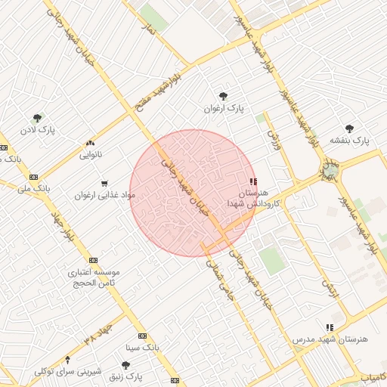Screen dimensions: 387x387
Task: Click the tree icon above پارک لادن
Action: point(37,118)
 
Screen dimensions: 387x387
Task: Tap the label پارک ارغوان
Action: point(221,109)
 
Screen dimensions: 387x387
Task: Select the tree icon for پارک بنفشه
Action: point(348,128)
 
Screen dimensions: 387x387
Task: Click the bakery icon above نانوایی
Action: point(91,142)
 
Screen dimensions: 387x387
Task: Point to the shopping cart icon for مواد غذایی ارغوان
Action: point(104,182)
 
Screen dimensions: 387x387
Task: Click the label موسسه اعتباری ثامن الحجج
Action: point(94,277)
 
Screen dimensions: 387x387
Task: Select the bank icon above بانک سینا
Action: point(142,336)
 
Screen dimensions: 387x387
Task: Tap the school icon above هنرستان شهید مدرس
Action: point(329,327)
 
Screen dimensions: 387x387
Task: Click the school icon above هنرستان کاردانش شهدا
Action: point(253,181)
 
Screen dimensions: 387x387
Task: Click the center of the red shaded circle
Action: point(193,193)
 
